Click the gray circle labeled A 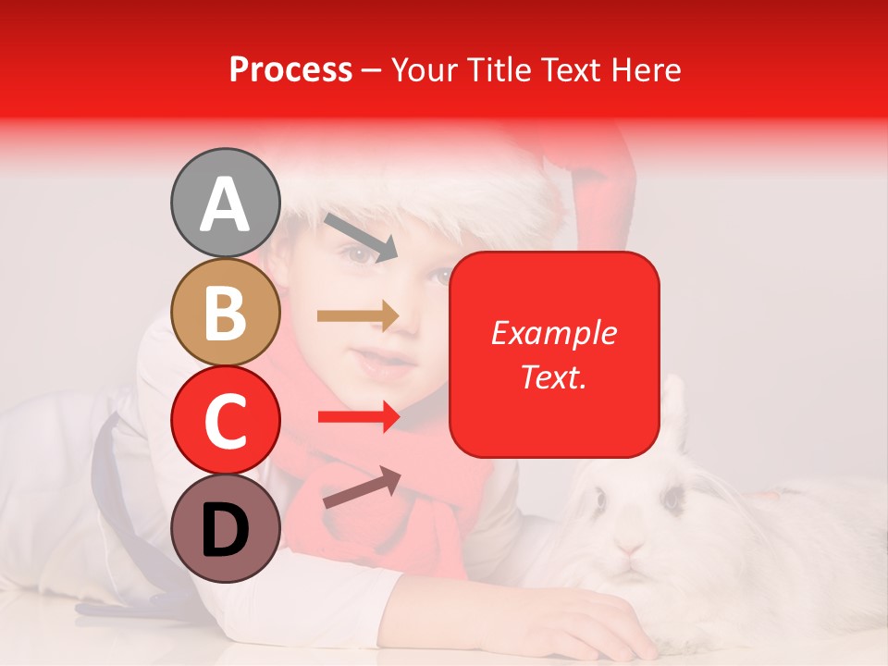click(x=225, y=203)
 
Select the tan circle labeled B click(x=225, y=313)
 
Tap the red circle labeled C click(x=225, y=421)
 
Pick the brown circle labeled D click(x=225, y=528)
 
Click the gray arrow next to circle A click(x=360, y=236)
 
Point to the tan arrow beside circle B click(x=358, y=316)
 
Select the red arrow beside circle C click(x=358, y=417)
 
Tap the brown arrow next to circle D click(x=361, y=487)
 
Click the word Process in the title click(x=290, y=70)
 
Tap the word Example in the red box click(x=553, y=333)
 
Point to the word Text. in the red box click(x=553, y=376)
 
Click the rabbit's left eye click(x=600, y=500)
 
